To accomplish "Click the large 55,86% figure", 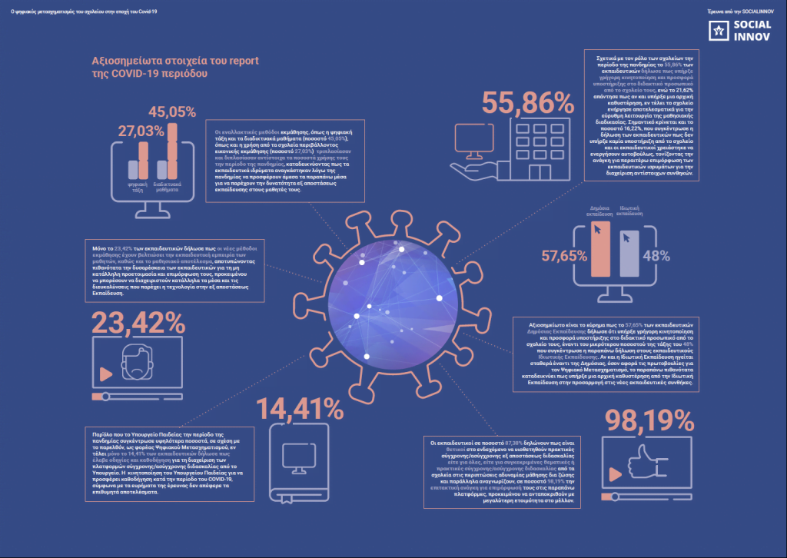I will [528, 103].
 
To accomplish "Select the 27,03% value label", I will [141, 131].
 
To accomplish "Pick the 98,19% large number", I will [649, 420].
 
